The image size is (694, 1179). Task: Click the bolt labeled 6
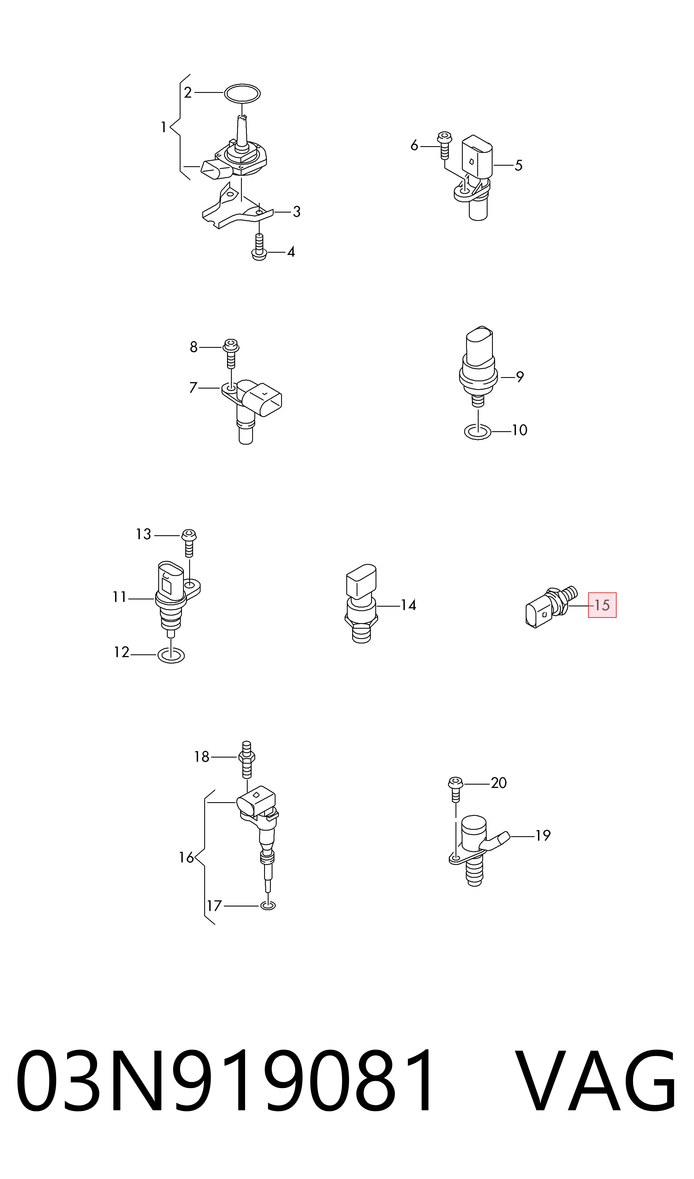[x=444, y=145]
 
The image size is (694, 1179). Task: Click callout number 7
[x=193, y=387]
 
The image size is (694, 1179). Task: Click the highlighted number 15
[x=602, y=605]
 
